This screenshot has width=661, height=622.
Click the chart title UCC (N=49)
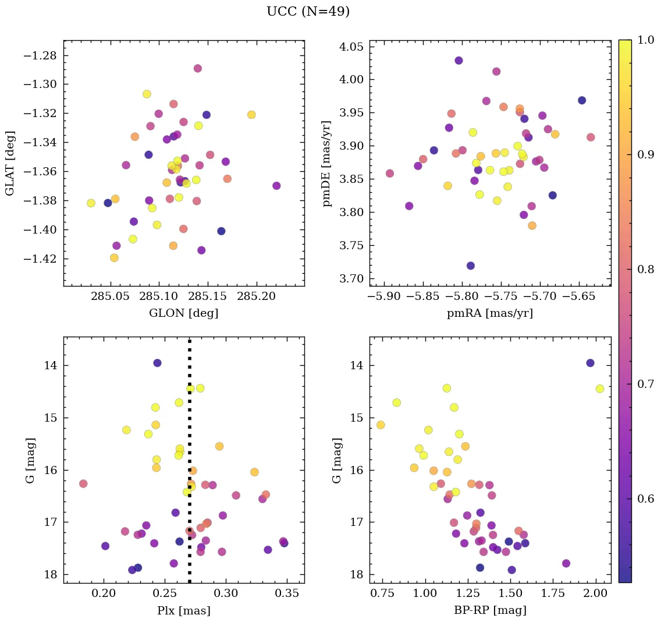point(308,12)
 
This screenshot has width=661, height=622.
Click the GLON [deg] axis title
point(184,313)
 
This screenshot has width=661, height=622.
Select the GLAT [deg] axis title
point(10,163)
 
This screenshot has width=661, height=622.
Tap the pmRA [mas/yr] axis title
point(490,313)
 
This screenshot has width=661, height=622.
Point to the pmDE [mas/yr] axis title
point(327,163)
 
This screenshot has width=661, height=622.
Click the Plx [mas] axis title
point(184,611)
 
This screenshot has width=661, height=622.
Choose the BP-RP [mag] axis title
point(490,611)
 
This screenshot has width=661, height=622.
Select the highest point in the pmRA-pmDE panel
point(459,61)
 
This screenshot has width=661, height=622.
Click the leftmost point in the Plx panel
point(83,484)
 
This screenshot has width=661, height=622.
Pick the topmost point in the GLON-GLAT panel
point(198,68)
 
